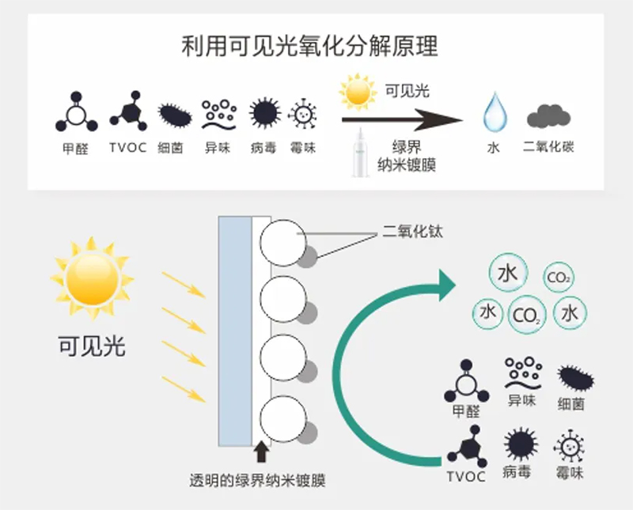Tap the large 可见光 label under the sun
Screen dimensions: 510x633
click(x=93, y=346)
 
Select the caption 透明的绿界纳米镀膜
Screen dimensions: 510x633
click(x=258, y=481)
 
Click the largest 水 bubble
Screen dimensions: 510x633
click(x=508, y=274)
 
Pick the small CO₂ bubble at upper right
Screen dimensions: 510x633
click(x=559, y=278)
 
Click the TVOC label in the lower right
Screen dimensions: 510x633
click(x=466, y=477)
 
